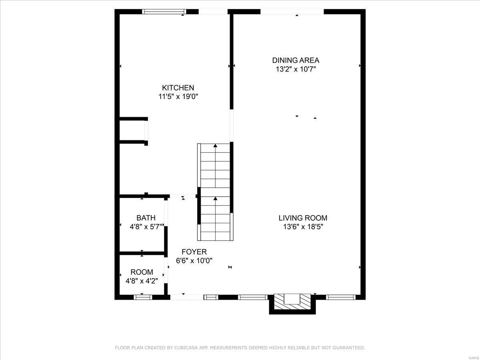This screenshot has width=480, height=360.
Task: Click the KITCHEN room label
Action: point(178,88)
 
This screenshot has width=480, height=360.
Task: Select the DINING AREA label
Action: point(296,60)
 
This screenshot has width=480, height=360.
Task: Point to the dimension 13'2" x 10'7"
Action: point(296,69)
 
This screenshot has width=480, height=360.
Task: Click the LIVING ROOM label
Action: point(303,218)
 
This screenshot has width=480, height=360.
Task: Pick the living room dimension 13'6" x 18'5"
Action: point(303,227)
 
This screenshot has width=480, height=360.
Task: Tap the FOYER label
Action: point(194,252)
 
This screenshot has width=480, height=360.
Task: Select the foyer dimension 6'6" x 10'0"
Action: point(194,260)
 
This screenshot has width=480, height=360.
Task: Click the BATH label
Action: point(146,218)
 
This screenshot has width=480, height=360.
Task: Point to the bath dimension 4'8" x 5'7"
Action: point(146,227)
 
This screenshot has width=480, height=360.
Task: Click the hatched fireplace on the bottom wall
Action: point(292,301)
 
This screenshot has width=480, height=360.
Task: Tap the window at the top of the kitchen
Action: point(164,12)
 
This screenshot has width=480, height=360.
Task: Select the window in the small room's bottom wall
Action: point(143,297)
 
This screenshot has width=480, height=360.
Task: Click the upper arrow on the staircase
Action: point(216,146)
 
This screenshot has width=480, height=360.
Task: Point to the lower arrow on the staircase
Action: point(216,198)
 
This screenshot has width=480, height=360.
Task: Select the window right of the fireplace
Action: point(340,297)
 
